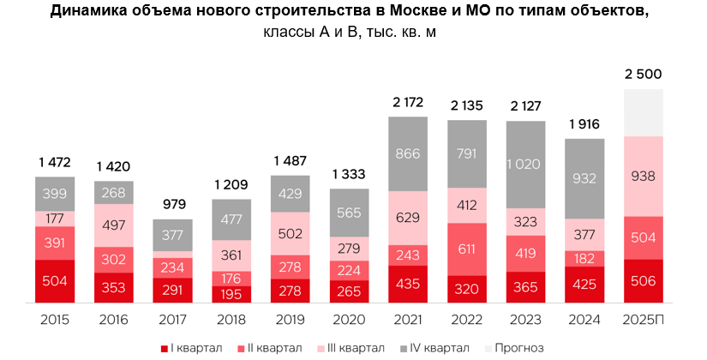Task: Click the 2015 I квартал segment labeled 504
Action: (x=56, y=281)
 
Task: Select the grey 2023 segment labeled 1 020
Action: (x=525, y=165)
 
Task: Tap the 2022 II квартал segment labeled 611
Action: (x=466, y=249)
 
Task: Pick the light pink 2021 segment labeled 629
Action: (x=408, y=218)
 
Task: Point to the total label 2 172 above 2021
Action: (x=408, y=104)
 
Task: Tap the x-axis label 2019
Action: (x=291, y=319)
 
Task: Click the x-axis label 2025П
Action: (x=643, y=319)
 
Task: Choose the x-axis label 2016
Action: (x=114, y=319)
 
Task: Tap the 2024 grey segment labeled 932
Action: (x=584, y=178)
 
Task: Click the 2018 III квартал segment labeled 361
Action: (x=231, y=255)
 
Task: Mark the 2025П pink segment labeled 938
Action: (x=643, y=177)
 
